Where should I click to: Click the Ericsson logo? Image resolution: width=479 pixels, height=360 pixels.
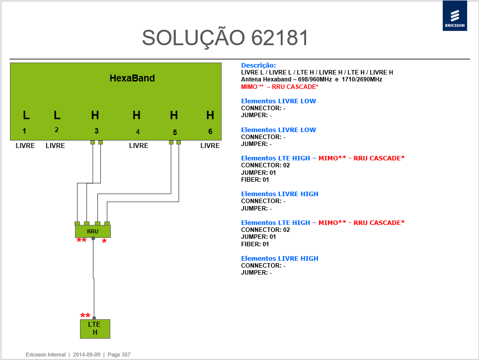click(455, 15)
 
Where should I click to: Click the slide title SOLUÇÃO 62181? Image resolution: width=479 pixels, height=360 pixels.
click(225, 38)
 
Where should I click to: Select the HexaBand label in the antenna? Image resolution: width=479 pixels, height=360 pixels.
click(132, 78)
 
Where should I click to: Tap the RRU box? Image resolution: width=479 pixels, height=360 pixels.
click(93, 231)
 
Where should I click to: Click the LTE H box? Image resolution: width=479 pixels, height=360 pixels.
click(95, 329)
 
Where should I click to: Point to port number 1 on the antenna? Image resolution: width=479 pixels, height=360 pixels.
click(24, 131)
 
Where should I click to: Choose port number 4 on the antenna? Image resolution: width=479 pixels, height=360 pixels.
click(138, 132)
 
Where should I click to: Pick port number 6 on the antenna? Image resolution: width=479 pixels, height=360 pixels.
click(210, 131)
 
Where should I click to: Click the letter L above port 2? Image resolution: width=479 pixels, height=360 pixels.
click(57, 115)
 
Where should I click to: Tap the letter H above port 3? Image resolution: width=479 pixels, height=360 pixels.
click(95, 115)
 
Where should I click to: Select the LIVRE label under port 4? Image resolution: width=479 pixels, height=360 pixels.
click(139, 145)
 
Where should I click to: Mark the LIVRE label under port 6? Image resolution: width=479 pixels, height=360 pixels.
click(210, 145)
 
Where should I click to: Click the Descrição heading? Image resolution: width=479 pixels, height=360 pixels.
click(258, 66)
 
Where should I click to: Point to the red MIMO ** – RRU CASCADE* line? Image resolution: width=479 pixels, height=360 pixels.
click(280, 87)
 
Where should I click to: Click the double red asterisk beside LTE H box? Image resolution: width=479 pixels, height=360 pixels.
click(85, 315)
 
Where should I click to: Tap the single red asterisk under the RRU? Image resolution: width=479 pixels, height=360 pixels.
click(104, 241)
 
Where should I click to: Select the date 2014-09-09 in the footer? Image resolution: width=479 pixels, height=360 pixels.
click(86, 355)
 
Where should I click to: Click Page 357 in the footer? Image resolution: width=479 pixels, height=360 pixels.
click(119, 355)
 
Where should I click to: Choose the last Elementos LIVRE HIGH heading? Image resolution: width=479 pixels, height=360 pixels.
click(280, 258)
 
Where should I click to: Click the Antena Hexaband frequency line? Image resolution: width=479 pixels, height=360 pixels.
click(312, 79)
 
